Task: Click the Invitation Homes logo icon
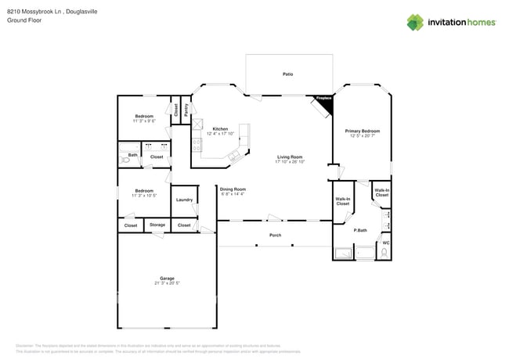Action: (x=415, y=22)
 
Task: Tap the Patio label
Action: (x=288, y=74)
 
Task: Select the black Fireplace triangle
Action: (x=325, y=102)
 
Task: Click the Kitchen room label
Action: (x=221, y=128)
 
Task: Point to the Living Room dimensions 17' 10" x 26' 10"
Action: (x=290, y=162)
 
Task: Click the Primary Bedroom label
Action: (x=363, y=131)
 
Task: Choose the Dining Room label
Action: (x=233, y=189)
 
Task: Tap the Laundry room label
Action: (x=184, y=200)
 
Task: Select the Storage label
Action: (x=157, y=225)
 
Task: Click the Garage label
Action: (x=167, y=278)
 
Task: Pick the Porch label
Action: (x=275, y=235)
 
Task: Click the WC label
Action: (x=385, y=243)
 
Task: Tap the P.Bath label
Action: (x=361, y=230)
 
